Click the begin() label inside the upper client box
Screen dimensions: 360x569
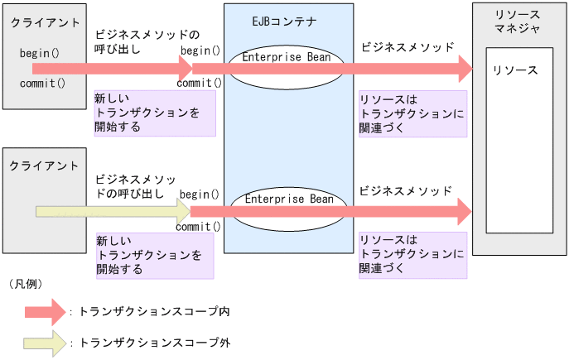(x=39, y=54)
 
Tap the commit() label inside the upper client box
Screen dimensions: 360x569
(x=42, y=84)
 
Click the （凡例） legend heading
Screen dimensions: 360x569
(x=27, y=284)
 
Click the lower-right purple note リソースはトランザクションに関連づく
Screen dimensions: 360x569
(x=412, y=254)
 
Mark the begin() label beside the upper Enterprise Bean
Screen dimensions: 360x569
(x=200, y=50)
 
